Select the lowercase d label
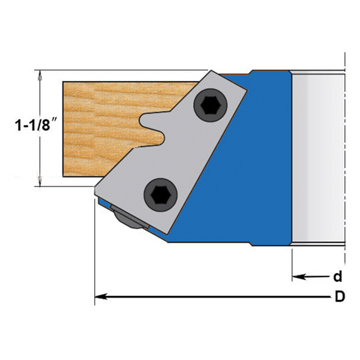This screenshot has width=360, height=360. click(338, 277)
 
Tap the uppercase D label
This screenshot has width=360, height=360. click(340, 297)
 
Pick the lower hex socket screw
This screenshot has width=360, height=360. click(160, 194)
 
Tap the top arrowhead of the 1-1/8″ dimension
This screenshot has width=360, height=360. click(40, 76)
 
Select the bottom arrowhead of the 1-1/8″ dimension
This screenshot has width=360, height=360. click(40, 181)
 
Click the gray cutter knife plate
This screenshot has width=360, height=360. click(180, 150)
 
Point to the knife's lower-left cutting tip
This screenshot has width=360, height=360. click(97, 190)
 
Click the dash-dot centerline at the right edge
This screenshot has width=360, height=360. click(346, 156)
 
